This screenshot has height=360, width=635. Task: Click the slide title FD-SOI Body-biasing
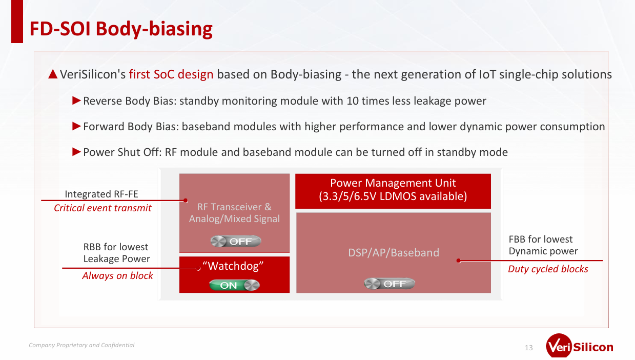click(121, 29)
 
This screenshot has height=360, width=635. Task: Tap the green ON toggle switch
click(234, 285)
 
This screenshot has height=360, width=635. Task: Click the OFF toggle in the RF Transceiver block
click(236, 242)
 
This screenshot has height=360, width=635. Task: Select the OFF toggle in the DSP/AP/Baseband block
click(390, 284)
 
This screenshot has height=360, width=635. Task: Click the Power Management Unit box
click(393, 191)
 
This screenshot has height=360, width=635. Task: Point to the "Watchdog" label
click(233, 266)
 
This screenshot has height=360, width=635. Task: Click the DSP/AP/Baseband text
click(394, 252)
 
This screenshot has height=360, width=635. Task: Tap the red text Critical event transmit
click(103, 208)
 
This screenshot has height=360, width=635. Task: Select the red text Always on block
click(117, 275)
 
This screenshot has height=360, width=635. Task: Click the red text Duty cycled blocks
click(548, 269)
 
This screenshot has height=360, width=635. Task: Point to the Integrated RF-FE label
click(101, 194)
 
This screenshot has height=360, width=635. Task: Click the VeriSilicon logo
click(580, 346)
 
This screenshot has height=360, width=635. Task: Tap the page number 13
click(529, 348)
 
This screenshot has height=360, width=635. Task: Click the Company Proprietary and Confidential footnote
click(81, 345)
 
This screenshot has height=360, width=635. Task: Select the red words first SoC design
click(171, 74)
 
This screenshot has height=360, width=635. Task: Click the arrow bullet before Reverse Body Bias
click(76, 101)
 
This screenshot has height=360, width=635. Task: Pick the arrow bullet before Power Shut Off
click(76, 152)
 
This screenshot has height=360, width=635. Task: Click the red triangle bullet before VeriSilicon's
click(53, 74)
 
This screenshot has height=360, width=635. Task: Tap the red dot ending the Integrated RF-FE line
click(186, 201)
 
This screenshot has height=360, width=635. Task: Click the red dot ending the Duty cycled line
click(459, 261)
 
